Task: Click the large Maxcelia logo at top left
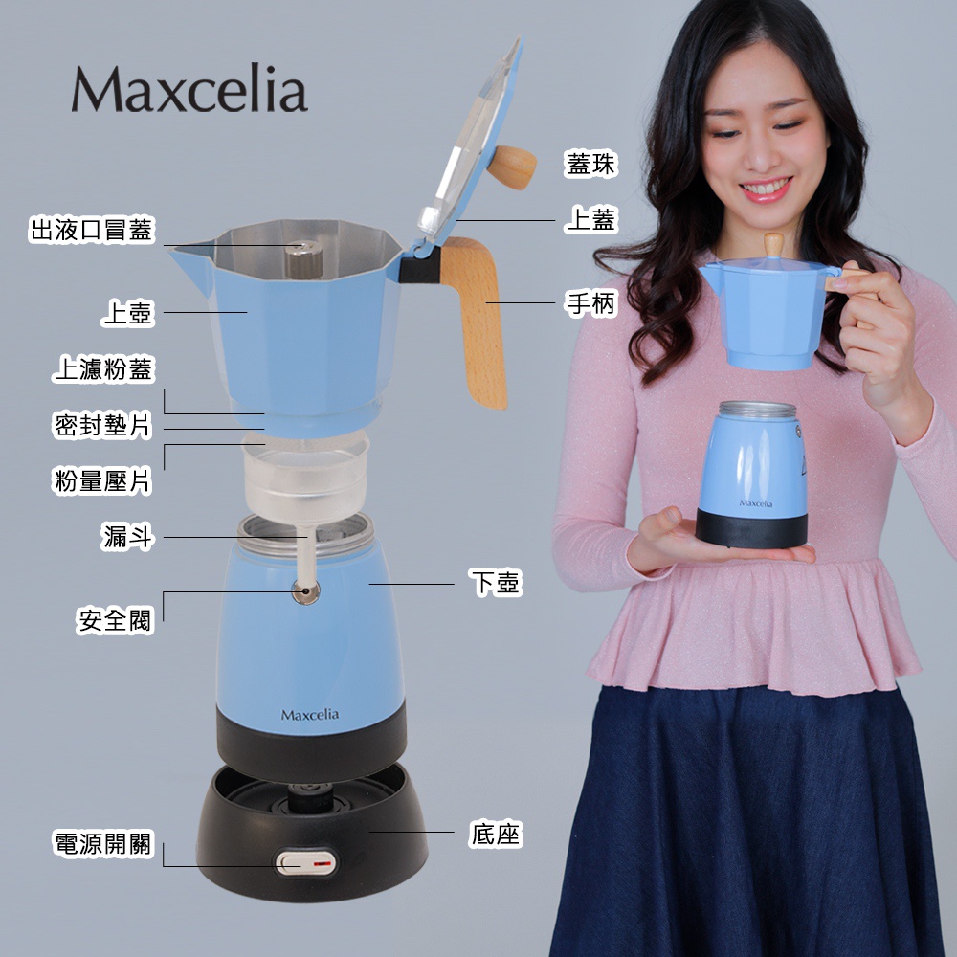(189, 89)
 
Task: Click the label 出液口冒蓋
(92, 230)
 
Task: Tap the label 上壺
(127, 313)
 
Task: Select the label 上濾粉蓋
(103, 369)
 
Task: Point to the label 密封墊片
(102, 426)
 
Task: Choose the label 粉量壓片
(102, 481)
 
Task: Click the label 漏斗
(127, 537)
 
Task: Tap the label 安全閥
(115, 621)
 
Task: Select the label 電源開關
(103, 844)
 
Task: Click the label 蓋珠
(590, 164)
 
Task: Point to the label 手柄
(590, 302)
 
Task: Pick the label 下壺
(496, 582)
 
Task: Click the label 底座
(496, 834)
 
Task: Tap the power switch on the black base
(306, 862)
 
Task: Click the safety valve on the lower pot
(306, 591)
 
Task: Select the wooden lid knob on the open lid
(511, 167)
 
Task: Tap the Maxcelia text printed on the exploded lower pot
(309, 715)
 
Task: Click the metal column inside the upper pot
(304, 258)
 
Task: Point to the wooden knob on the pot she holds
(774, 244)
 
